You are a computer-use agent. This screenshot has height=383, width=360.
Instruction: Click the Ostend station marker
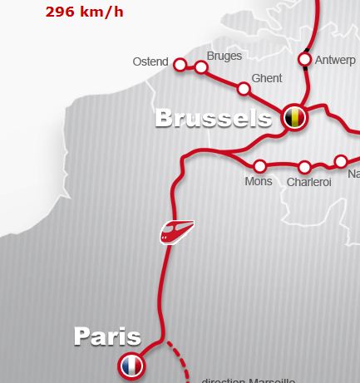point(180,63)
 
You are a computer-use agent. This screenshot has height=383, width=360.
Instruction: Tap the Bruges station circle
point(201,67)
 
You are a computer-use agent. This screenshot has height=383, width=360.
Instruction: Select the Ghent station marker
point(244,89)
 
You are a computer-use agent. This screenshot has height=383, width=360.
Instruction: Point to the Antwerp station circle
point(304,59)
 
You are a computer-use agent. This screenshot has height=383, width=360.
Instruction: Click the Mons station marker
point(260,166)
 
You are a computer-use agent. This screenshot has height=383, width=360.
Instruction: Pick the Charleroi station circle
point(304,167)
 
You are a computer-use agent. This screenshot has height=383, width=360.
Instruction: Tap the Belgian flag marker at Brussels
point(293,117)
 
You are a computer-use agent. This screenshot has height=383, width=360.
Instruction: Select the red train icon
point(177,231)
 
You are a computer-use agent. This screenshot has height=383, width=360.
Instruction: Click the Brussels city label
point(214,119)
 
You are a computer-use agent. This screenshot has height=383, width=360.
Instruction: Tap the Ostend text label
point(150,62)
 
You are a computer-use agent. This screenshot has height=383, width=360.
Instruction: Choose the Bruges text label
point(224,56)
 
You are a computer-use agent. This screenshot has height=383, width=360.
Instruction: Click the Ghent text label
point(266,78)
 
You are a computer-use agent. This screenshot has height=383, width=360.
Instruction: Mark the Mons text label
point(259,181)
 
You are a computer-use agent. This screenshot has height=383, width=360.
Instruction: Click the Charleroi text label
point(308,182)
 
